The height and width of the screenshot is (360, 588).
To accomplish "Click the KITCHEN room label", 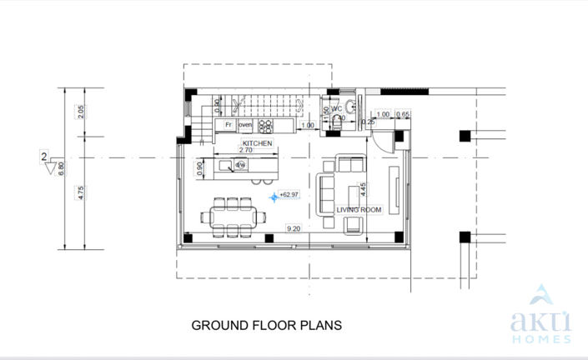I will tap(258, 143).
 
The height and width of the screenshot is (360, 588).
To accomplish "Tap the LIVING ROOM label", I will tap(359, 210).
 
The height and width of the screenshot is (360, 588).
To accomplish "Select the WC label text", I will tap(338, 108).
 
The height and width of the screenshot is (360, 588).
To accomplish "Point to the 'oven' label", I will tap(245, 125).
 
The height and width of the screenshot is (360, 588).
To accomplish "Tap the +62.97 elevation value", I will tap(289, 195).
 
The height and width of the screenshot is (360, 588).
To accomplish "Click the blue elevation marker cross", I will tap(274, 197).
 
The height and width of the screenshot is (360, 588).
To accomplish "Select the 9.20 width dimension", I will tap(294, 228).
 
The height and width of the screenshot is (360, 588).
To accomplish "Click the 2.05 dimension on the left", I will tap(81, 111).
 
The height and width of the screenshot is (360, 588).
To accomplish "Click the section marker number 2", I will tap(43, 156).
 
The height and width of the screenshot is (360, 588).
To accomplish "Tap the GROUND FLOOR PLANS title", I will tap(267, 325).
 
